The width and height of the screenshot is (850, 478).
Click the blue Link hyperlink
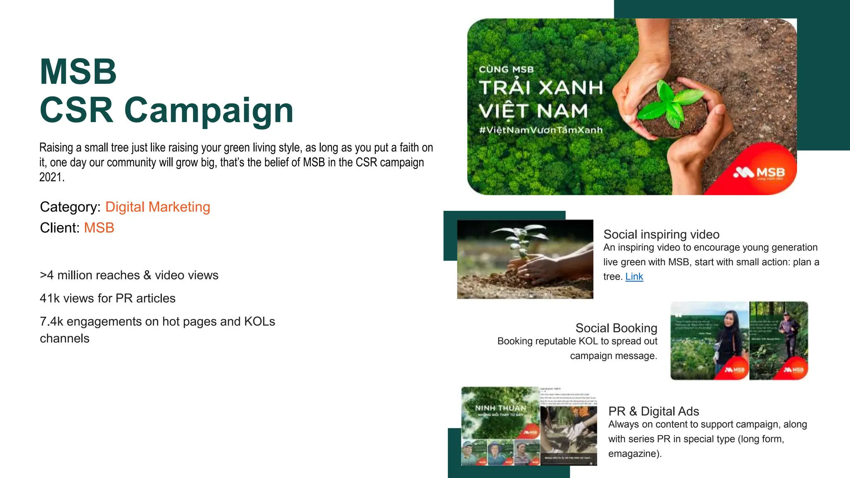pos(634,277)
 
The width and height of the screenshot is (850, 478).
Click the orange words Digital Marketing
pos(158,207)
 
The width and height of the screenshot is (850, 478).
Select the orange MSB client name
pos(99,228)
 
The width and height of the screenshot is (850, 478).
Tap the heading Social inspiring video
pos(661,234)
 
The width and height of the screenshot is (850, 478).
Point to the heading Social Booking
pos(616,328)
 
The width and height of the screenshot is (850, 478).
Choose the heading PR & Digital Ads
pos(653,411)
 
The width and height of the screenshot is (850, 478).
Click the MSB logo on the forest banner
pos(759,173)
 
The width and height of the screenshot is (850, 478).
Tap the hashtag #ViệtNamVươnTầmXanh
pos(540,130)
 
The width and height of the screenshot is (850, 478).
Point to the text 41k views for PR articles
pos(107,298)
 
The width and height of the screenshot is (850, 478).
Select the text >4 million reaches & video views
pos(129,275)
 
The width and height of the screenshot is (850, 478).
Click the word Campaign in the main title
pos(209,110)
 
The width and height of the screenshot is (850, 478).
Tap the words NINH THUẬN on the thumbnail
pos(500,408)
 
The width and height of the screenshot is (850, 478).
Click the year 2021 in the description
pos(51,177)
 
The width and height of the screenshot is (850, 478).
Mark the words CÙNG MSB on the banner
pos(506,70)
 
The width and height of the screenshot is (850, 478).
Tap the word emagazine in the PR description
pos(633,454)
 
